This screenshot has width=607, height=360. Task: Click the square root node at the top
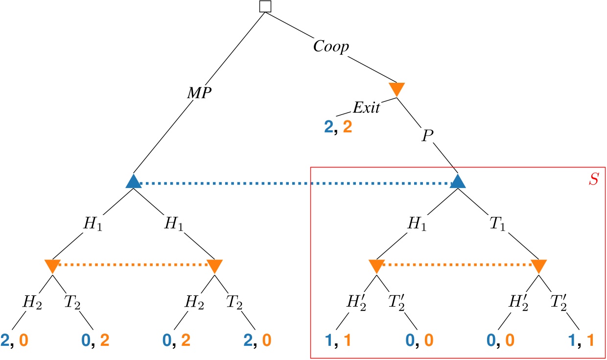[x=265, y=6]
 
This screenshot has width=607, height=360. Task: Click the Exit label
[x=366, y=107]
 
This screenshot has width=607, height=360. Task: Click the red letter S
[x=593, y=178]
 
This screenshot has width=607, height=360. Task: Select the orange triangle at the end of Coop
[x=397, y=89]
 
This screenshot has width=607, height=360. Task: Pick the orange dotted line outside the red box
[x=133, y=265]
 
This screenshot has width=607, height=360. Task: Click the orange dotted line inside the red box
[x=457, y=265]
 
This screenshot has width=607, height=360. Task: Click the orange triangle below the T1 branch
[x=538, y=266]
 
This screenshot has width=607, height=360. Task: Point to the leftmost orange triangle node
[x=52, y=266]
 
